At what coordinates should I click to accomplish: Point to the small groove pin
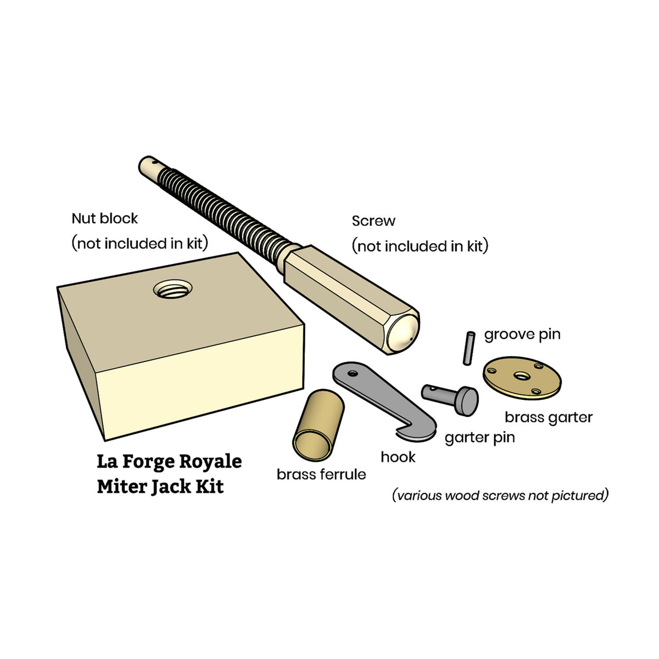tap(468, 348)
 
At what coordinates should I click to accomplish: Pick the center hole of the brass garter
tap(521, 376)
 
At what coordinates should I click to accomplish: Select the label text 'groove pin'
tap(522, 334)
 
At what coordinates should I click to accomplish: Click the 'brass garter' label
tap(548, 417)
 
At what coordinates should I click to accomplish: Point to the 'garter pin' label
tap(479, 437)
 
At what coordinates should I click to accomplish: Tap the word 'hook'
tap(398, 457)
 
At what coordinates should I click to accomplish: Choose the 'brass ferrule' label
tap(321, 474)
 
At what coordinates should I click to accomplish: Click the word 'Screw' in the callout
tap(373, 221)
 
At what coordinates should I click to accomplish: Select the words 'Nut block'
tap(104, 218)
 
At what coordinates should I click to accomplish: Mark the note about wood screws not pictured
tap(500, 495)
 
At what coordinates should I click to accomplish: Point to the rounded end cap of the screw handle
tap(402, 335)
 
